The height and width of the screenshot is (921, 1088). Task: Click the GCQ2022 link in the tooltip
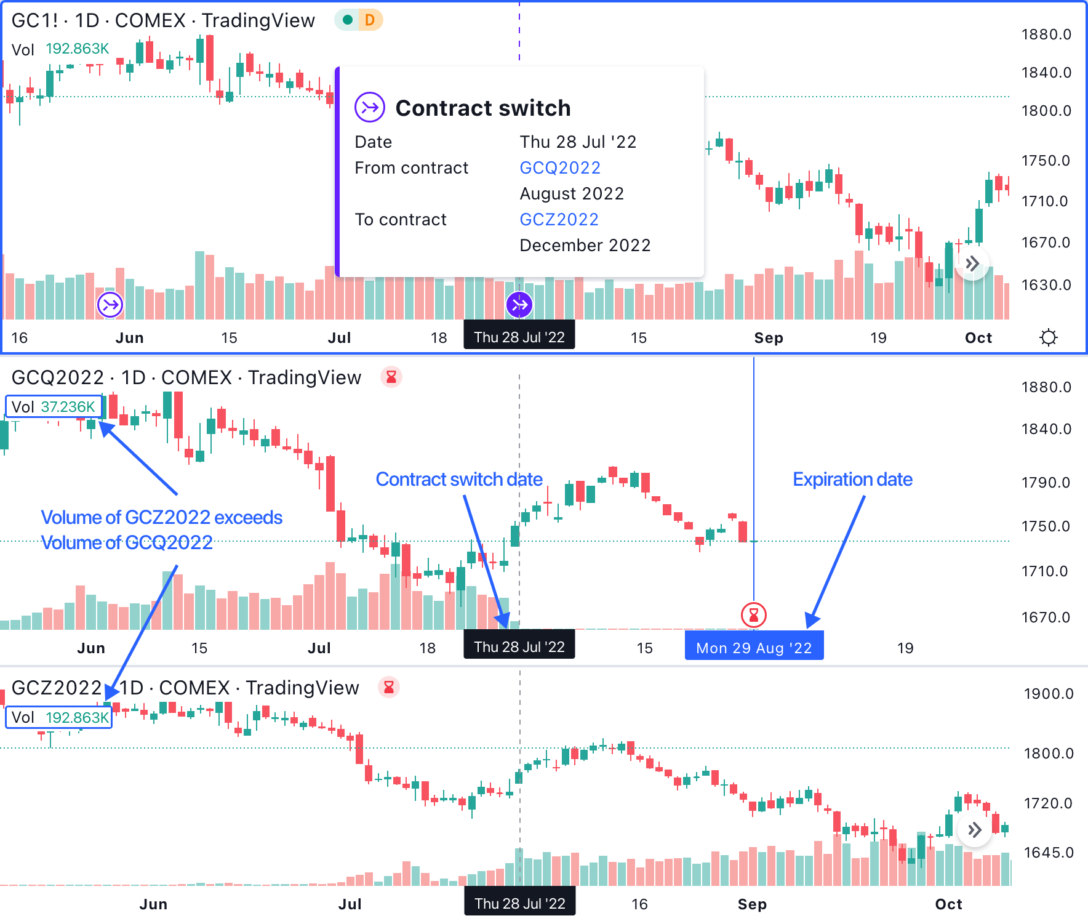pyautogui.click(x=559, y=167)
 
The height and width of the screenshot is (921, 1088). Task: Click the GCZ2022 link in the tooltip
pyautogui.click(x=559, y=219)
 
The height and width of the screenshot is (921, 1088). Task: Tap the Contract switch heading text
pyautogui.click(x=482, y=108)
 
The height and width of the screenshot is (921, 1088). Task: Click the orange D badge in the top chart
pyautogui.click(x=370, y=20)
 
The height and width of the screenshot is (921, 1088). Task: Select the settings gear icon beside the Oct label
pyautogui.click(x=1048, y=337)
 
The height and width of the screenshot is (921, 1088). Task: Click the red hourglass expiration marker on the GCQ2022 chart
pyautogui.click(x=753, y=614)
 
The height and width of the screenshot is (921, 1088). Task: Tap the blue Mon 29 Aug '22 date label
pyautogui.click(x=754, y=648)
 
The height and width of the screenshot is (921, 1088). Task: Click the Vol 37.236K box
pyautogui.click(x=54, y=407)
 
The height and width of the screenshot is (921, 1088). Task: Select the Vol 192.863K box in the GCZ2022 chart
pyautogui.click(x=59, y=717)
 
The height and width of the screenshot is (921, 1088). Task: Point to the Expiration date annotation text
pyautogui.click(x=852, y=479)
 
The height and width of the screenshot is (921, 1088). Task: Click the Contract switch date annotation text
pyautogui.click(x=459, y=479)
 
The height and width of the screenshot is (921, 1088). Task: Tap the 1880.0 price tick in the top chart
pyautogui.click(x=1046, y=34)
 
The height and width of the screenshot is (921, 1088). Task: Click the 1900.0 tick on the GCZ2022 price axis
pyautogui.click(x=1048, y=694)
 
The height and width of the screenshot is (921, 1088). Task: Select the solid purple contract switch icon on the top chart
pyautogui.click(x=519, y=304)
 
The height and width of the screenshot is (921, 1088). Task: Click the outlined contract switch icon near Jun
pyautogui.click(x=110, y=304)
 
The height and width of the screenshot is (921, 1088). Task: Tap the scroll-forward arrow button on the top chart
pyautogui.click(x=972, y=264)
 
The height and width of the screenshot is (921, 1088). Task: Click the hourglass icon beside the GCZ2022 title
pyautogui.click(x=389, y=687)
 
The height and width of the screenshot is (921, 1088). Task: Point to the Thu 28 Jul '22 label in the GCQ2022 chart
pyautogui.click(x=519, y=647)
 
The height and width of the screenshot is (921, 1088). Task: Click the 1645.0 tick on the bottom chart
pyautogui.click(x=1048, y=853)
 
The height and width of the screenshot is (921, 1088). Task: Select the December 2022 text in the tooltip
pyautogui.click(x=585, y=245)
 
